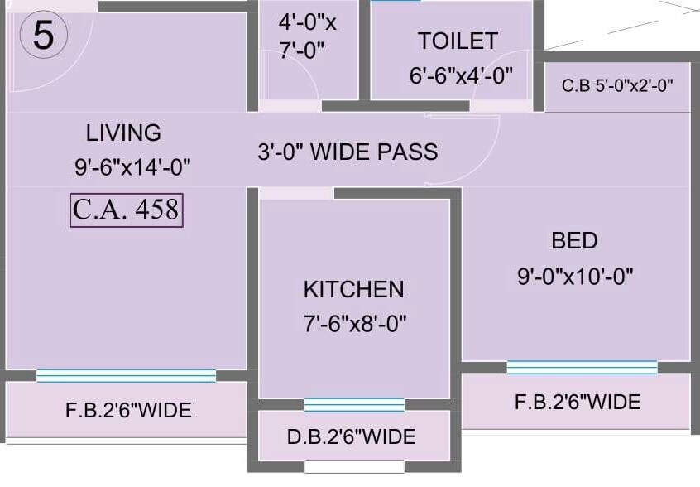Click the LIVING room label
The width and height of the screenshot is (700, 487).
123,133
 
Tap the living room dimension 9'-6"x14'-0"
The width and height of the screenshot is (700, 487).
132,166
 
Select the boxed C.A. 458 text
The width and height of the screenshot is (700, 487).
126,210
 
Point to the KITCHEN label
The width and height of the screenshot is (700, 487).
353,289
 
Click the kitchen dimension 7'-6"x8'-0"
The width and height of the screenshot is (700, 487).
354,323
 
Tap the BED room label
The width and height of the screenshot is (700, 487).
574,241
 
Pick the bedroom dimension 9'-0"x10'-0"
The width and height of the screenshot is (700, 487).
575,277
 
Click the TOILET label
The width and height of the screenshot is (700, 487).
457,41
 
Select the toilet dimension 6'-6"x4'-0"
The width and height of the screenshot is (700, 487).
461,75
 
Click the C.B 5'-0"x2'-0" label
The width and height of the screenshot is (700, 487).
617,85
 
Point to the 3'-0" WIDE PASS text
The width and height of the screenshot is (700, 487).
347,152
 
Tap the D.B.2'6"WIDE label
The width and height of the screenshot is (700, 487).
352,436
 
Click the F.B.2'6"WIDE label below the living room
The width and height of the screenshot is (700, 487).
128,410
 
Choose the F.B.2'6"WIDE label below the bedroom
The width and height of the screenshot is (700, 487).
578,403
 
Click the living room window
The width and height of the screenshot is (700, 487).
126,375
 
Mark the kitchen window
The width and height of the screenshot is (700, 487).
353,405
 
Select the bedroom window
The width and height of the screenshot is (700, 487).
582,367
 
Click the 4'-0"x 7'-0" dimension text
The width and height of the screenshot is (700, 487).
307,36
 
